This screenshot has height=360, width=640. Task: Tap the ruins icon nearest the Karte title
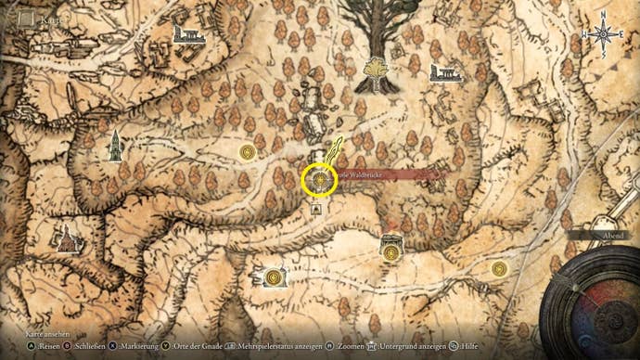(188, 34)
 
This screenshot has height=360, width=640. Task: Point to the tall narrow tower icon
(114, 146)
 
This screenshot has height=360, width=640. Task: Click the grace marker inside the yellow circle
(320, 179)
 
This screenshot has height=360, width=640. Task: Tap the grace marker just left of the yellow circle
(247, 151)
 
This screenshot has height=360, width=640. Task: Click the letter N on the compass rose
(603, 15)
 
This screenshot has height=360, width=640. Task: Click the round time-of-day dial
(588, 301)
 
